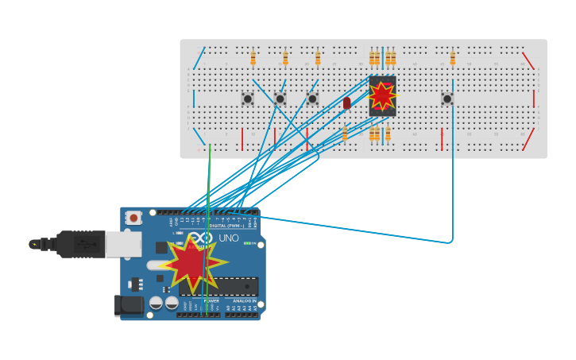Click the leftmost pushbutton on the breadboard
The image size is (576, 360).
248,99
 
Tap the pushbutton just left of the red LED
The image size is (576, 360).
312,99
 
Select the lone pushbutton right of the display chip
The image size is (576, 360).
447,99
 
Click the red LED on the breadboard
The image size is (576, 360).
346,103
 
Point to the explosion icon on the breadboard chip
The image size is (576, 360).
382,95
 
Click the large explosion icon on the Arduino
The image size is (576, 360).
192,263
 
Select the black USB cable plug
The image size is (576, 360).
79,244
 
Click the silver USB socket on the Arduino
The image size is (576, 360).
123,244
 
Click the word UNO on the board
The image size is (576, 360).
229,238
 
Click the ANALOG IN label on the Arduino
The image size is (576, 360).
244,301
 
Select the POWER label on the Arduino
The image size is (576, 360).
211,301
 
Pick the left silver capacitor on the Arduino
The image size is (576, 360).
157,303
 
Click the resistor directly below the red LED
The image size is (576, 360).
345,134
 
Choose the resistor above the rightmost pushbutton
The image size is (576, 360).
453,58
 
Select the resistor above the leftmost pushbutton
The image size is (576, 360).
253,58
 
